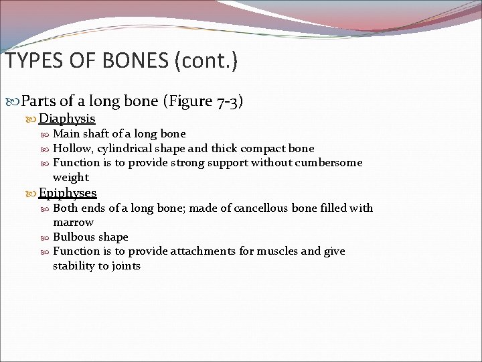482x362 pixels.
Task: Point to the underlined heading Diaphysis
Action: pos(67,119)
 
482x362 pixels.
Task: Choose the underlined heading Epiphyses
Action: pos(68,193)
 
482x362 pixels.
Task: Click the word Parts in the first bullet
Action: pos(39,101)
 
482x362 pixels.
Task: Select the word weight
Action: pos(70,178)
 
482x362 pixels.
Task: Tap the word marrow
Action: pos(73,222)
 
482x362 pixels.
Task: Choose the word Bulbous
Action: pos(72,237)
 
